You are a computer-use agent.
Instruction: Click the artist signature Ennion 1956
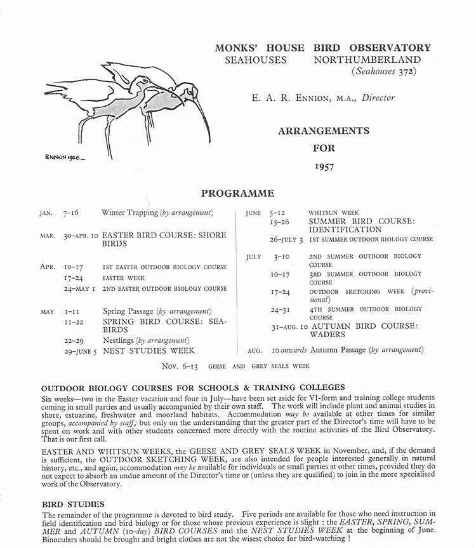click(x=65, y=156)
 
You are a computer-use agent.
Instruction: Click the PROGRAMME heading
click(x=237, y=193)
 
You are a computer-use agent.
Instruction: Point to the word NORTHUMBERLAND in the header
click(x=372, y=59)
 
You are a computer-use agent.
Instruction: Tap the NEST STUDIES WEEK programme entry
click(x=149, y=350)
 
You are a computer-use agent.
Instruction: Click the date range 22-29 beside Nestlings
click(x=74, y=340)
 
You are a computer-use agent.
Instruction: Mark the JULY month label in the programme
click(x=253, y=257)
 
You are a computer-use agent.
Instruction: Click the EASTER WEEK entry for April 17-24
click(x=124, y=278)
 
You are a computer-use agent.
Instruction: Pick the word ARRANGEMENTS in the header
click(x=323, y=131)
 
